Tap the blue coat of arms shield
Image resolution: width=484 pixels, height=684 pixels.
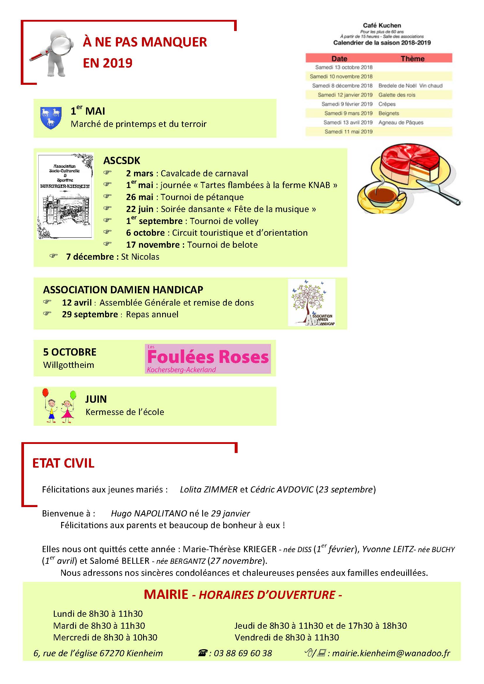pyautogui.click(x=51, y=118)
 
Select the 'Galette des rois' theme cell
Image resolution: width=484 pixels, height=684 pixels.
pyautogui.click(x=397, y=95)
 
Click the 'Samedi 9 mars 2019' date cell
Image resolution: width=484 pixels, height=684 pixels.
pyautogui.click(x=349, y=113)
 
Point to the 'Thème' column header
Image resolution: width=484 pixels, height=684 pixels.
pyautogui.click(x=413, y=59)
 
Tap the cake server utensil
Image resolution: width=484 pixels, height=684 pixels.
pyautogui.click(x=438, y=192)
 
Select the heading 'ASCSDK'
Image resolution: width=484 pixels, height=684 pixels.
pyautogui.click(x=122, y=161)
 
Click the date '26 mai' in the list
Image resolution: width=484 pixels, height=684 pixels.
pyautogui.click(x=140, y=197)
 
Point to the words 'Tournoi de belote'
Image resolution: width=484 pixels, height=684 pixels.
pyautogui.click(x=222, y=245)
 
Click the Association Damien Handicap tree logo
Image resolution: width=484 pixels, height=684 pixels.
pyautogui.click(x=311, y=302)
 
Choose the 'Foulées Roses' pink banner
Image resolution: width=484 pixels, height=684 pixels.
pyautogui.click(x=208, y=359)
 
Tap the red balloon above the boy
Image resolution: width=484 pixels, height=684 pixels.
pyautogui.click(x=45, y=393)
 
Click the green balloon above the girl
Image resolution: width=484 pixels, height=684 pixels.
pyautogui.click(x=73, y=395)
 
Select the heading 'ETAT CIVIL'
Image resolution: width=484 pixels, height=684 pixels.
pyautogui.click(x=63, y=463)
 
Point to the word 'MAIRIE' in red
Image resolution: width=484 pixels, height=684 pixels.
pyautogui.click(x=166, y=594)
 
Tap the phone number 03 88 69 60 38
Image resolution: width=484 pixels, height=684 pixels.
pyautogui.click(x=243, y=653)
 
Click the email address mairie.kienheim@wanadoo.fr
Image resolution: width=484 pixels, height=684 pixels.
pyautogui.click(x=391, y=653)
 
